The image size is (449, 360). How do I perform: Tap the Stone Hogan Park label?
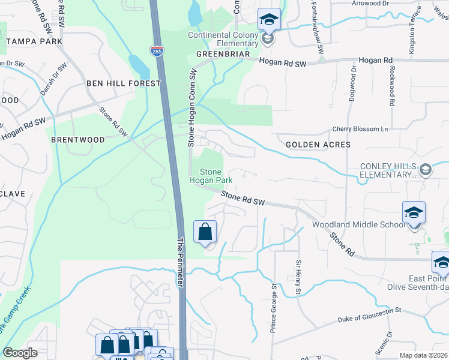pyautogui.click(x=206, y=176)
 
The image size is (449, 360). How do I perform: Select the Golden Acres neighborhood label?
pyautogui.click(x=318, y=145)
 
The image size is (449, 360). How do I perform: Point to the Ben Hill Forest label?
pyautogui.click(x=124, y=83)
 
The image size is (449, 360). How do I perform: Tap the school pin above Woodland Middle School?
pyautogui.click(x=414, y=214)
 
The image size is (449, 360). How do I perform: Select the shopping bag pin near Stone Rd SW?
pyautogui.click(x=205, y=232)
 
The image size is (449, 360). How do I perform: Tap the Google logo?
pyautogui.click(x=20, y=353)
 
